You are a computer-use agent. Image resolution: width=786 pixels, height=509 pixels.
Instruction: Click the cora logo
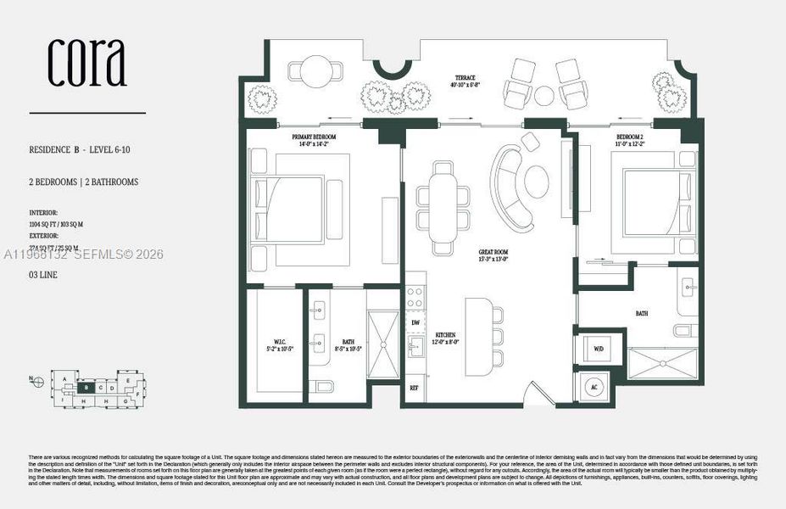pos(86,64)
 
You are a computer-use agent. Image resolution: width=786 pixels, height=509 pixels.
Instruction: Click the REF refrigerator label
pos(415,388)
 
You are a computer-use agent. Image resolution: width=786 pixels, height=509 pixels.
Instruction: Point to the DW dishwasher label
pos(415,323)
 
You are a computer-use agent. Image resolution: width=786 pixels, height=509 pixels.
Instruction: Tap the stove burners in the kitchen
pos(415,297)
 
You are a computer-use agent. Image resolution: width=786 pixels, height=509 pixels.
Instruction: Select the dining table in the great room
pos(443,208)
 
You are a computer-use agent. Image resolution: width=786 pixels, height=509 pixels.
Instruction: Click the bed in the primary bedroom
pos(297,209)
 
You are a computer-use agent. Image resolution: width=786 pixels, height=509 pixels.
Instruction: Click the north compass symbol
pos(37,382)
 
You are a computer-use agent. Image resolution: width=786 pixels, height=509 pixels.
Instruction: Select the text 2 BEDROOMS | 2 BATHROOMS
pos(83,182)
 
